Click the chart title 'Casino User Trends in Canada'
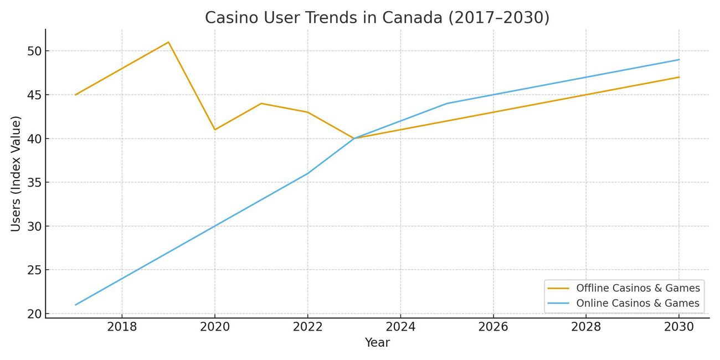tap(377, 18)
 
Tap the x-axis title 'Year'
tap(377, 343)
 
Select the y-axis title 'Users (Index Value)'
tap(16, 174)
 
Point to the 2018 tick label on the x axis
tap(122, 327)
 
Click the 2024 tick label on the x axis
tap(400, 327)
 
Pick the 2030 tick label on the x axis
tap(679, 327)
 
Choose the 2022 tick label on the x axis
tap(307, 327)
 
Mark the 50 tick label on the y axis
tap(34, 51)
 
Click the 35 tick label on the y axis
tap(34, 182)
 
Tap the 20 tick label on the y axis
tap(34, 314)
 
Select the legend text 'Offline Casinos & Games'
tap(638, 288)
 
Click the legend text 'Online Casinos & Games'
tap(637, 304)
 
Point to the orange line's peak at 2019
tap(168, 42)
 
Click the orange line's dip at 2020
tap(215, 130)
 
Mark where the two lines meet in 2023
tap(354, 138)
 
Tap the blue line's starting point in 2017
tap(75, 305)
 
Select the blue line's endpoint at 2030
tap(679, 60)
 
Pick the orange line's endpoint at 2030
tap(679, 77)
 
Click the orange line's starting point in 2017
tap(75, 95)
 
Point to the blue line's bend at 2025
tap(447, 104)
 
